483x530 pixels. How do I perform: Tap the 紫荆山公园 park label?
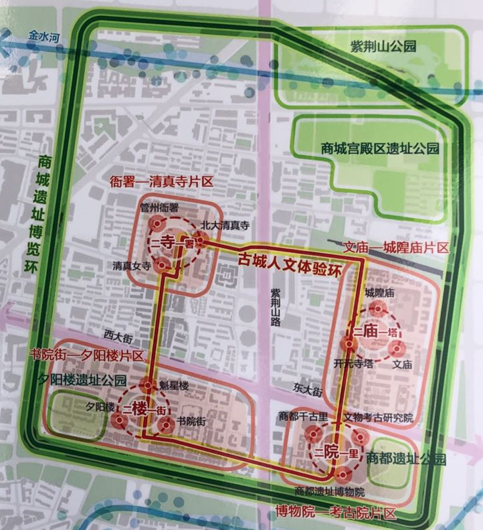tap(383, 46)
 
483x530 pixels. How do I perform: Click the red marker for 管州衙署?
tap(157, 224)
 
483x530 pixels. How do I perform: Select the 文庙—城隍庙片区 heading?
tap(395, 248)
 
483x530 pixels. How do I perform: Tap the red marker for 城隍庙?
tap(379, 308)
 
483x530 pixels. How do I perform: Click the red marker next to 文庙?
tap(396, 348)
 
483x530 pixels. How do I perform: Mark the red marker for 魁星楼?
tap(148, 385)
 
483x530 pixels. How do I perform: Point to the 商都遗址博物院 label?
tap(330, 492)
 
